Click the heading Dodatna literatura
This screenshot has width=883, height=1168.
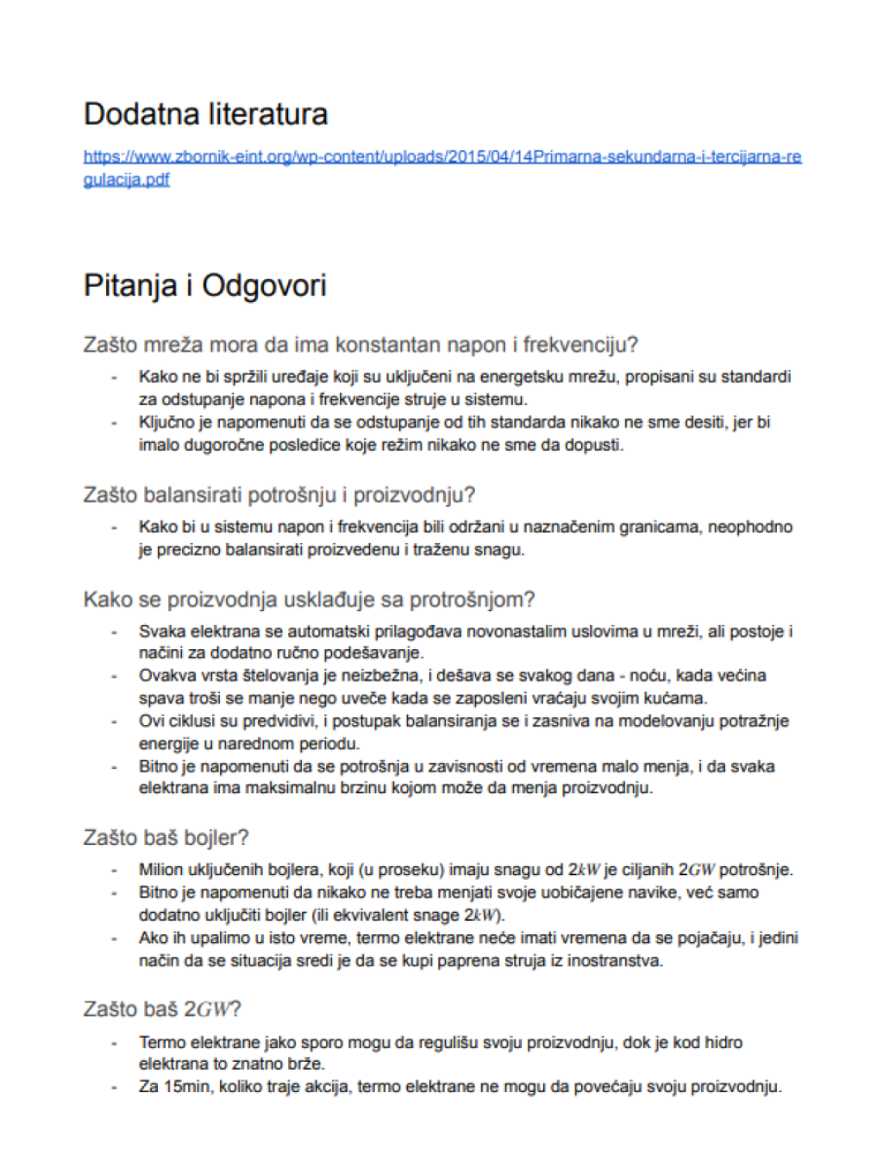tap(205, 115)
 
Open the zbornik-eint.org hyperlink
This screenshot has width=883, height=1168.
tap(441, 157)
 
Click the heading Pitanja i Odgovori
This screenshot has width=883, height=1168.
tap(204, 286)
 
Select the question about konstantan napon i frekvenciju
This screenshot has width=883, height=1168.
tap(360, 345)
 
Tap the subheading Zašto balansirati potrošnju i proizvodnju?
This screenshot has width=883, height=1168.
tap(279, 495)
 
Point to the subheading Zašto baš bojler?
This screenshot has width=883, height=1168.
tap(166, 837)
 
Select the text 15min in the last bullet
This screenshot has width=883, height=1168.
tap(186, 1087)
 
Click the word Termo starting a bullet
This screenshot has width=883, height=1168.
tap(161, 1042)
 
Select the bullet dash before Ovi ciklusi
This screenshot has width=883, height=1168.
tap(114, 721)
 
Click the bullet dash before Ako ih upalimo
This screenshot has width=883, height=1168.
tap(114, 938)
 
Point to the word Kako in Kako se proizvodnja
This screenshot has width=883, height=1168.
tap(105, 599)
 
